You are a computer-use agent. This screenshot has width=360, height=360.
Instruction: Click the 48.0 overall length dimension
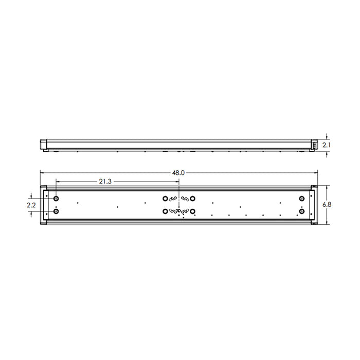178,173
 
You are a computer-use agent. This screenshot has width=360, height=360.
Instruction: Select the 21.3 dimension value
104,181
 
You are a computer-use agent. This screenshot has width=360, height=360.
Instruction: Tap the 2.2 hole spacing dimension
31,205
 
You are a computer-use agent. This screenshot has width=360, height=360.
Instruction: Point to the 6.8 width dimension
327,205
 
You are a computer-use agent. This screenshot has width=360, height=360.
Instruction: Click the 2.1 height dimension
327,146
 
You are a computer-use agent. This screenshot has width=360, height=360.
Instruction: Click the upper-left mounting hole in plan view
56,198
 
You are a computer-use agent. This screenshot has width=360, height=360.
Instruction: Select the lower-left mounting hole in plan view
56,211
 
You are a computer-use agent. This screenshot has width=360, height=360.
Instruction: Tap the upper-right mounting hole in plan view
302,198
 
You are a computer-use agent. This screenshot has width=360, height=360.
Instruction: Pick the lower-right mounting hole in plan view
302,211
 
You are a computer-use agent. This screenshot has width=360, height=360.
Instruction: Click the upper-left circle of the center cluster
165,198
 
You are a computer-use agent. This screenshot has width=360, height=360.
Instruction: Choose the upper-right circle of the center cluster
192,198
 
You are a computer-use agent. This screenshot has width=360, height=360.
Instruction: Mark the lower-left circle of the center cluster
165,211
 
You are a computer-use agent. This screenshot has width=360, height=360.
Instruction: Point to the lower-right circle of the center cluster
192,211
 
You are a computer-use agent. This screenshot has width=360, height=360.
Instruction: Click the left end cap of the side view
44,145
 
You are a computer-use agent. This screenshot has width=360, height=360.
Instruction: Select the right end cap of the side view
314,145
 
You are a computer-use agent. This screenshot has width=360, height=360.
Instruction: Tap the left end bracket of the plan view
45,205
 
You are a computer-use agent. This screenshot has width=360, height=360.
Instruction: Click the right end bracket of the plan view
313,205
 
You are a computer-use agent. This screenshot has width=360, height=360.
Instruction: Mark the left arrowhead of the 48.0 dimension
43,173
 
